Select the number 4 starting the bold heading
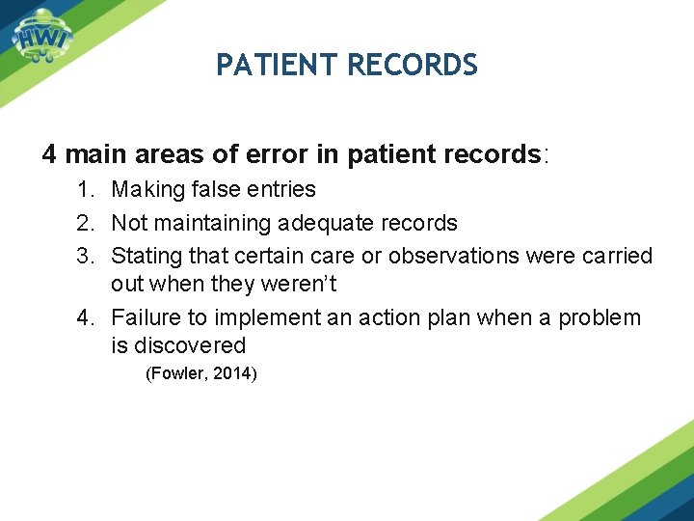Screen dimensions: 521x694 point(50,154)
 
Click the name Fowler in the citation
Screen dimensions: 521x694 point(175,373)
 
